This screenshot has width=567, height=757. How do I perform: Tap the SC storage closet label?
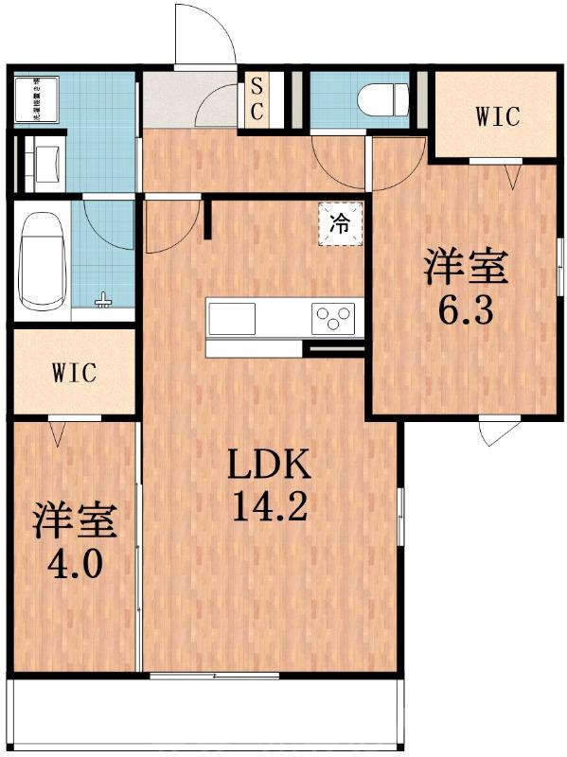(257, 98)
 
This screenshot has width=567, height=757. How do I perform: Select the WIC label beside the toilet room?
(497, 117)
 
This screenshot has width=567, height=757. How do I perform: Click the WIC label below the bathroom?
(74, 372)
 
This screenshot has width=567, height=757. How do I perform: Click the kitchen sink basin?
(233, 317)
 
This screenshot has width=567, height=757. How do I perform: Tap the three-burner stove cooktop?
(334, 317)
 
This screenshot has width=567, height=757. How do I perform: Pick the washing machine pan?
(39, 99)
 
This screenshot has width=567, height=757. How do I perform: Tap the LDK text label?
(268, 468)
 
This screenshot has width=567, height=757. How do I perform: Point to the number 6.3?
(465, 311)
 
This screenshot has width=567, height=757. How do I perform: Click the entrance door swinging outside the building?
(204, 35)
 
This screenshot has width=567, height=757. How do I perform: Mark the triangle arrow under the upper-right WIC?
(513, 176)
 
